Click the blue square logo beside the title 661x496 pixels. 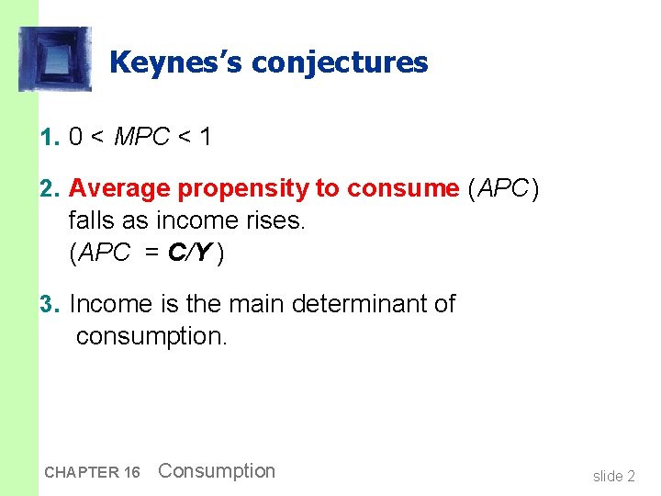tap(55, 60)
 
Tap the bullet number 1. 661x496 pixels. tap(49, 138)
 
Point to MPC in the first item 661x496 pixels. tap(142, 138)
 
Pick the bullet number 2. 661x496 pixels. tap(49, 189)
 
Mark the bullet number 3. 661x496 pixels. tap(49, 304)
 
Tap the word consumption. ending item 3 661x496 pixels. tap(151, 336)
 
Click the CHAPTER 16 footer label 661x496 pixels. tap(92, 473)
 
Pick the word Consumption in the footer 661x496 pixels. tap(217, 471)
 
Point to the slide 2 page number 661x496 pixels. tap(613, 476)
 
